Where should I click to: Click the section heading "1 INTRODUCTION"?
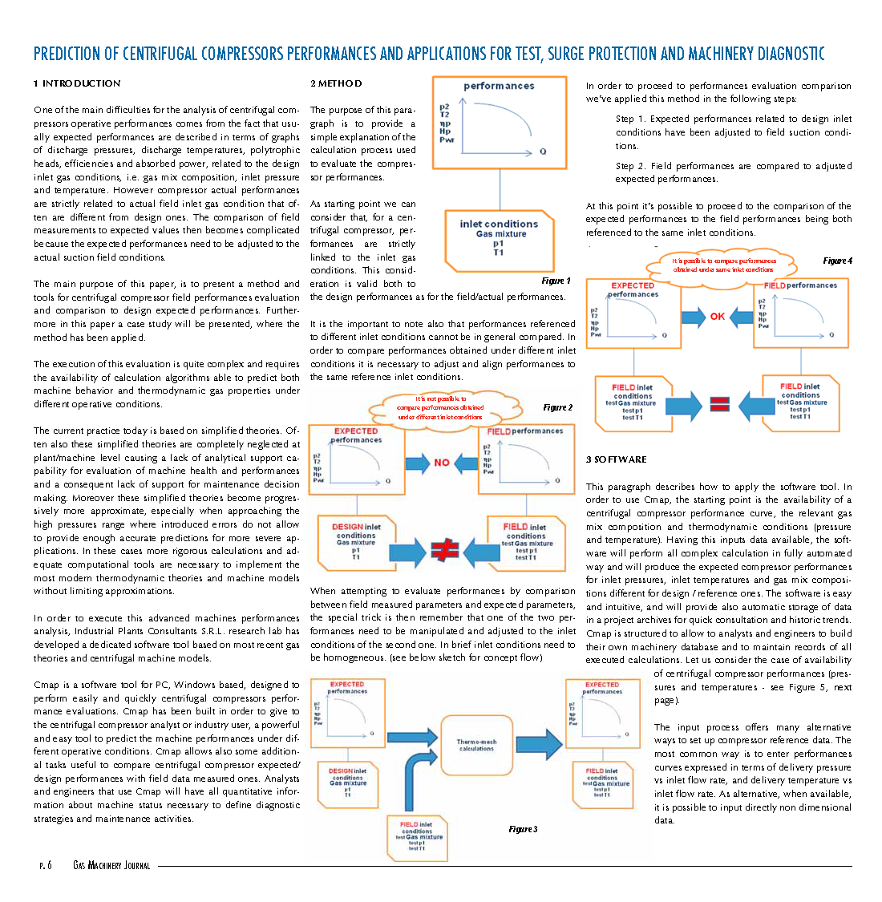pyautogui.click(x=77, y=83)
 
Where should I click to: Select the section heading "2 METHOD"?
pyautogui.click(x=336, y=83)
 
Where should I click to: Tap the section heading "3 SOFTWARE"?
pyautogui.click(x=616, y=459)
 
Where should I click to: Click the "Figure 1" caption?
pyautogui.click(x=556, y=281)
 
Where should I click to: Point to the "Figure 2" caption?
pyautogui.click(x=557, y=407)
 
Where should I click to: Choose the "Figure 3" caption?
pyautogui.click(x=523, y=829)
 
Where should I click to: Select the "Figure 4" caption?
pyautogui.click(x=837, y=261)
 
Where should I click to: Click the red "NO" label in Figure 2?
pyautogui.click(x=442, y=463)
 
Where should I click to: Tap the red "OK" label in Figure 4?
pyautogui.click(x=718, y=317)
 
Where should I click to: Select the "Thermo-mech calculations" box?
pyautogui.click(x=477, y=746)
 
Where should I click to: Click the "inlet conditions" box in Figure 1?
pyautogui.click(x=499, y=240)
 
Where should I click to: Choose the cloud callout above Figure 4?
pyautogui.click(x=723, y=265)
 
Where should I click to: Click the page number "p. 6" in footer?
pyautogui.click(x=45, y=866)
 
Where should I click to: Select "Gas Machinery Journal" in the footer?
pyautogui.click(x=111, y=866)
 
